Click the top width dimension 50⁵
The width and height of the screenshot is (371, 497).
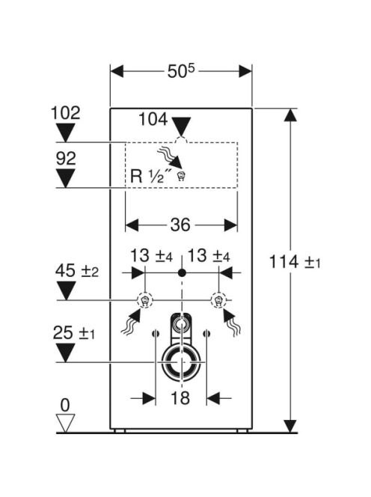tap(180, 71)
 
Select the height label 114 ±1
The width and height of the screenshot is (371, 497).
tap(295, 262)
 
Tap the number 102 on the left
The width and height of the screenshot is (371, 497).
tap(66, 113)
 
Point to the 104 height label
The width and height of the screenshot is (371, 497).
tap(153, 120)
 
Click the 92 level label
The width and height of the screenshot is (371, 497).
tap(66, 158)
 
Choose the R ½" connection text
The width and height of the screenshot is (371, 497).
tap(151, 176)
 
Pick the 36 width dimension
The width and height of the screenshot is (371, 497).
tap(180, 225)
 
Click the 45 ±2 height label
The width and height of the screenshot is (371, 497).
tap(77, 271)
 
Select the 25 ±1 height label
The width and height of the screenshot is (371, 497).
tap(74, 333)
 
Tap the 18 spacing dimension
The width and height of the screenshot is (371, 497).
tap(180, 397)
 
